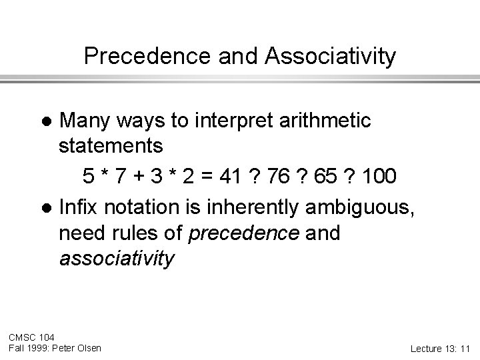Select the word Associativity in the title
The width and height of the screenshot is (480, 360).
pyautogui.click(x=330, y=57)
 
